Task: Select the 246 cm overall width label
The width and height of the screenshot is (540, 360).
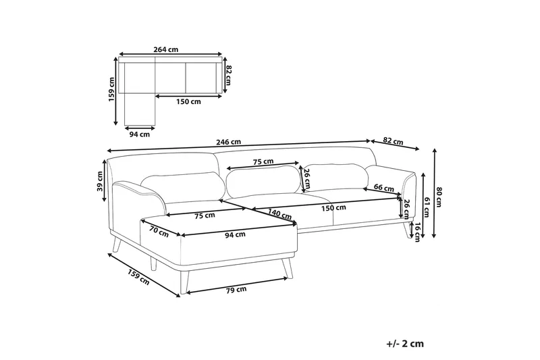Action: [x=230, y=142]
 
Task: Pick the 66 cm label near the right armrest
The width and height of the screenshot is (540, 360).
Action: [x=383, y=187]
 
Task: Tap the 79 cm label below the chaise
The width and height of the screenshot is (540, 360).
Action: [x=236, y=289]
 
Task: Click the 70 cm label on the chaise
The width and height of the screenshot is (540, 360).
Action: [x=159, y=232]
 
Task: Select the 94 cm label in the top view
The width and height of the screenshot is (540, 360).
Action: [x=140, y=133]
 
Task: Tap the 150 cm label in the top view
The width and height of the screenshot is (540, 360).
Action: [x=188, y=102]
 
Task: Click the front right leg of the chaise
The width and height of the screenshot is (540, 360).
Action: [x=288, y=267]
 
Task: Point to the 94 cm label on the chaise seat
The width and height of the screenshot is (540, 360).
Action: [x=235, y=234]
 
